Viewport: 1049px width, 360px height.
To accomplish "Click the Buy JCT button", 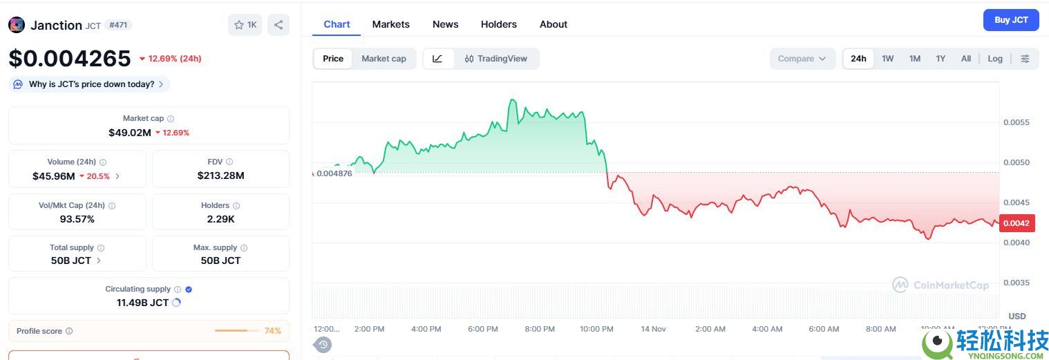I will click(x=1010, y=20).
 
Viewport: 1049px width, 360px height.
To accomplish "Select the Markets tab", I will click(x=390, y=24).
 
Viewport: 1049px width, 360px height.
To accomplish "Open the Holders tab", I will click(x=498, y=24).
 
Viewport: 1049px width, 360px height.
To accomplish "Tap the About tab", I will click(x=553, y=24).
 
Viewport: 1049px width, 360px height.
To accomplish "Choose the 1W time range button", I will click(x=887, y=59).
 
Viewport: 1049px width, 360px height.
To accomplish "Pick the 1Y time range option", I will click(x=940, y=59).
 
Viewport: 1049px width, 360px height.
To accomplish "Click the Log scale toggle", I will click(x=994, y=59).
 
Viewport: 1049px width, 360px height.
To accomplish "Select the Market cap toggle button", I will click(x=384, y=59).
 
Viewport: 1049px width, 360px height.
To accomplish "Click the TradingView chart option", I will click(x=496, y=59).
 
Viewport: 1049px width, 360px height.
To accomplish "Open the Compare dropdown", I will click(x=802, y=59).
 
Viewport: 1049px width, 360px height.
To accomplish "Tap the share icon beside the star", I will click(x=278, y=25).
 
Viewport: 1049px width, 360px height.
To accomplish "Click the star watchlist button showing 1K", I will click(x=245, y=25).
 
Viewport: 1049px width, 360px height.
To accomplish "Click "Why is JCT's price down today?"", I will click(x=91, y=84).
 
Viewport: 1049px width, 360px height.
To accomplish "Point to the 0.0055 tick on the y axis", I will click(x=1016, y=122).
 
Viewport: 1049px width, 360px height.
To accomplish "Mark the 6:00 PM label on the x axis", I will click(x=482, y=329).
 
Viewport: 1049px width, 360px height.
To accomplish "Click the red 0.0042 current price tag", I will click(x=1016, y=223).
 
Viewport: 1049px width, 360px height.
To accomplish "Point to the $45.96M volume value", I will click(x=54, y=176).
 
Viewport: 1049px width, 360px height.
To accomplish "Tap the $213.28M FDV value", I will click(x=220, y=176).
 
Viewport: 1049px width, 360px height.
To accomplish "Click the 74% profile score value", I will click(x=272, y=331).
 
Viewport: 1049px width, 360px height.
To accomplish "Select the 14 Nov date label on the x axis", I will click(x=654, y=329).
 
